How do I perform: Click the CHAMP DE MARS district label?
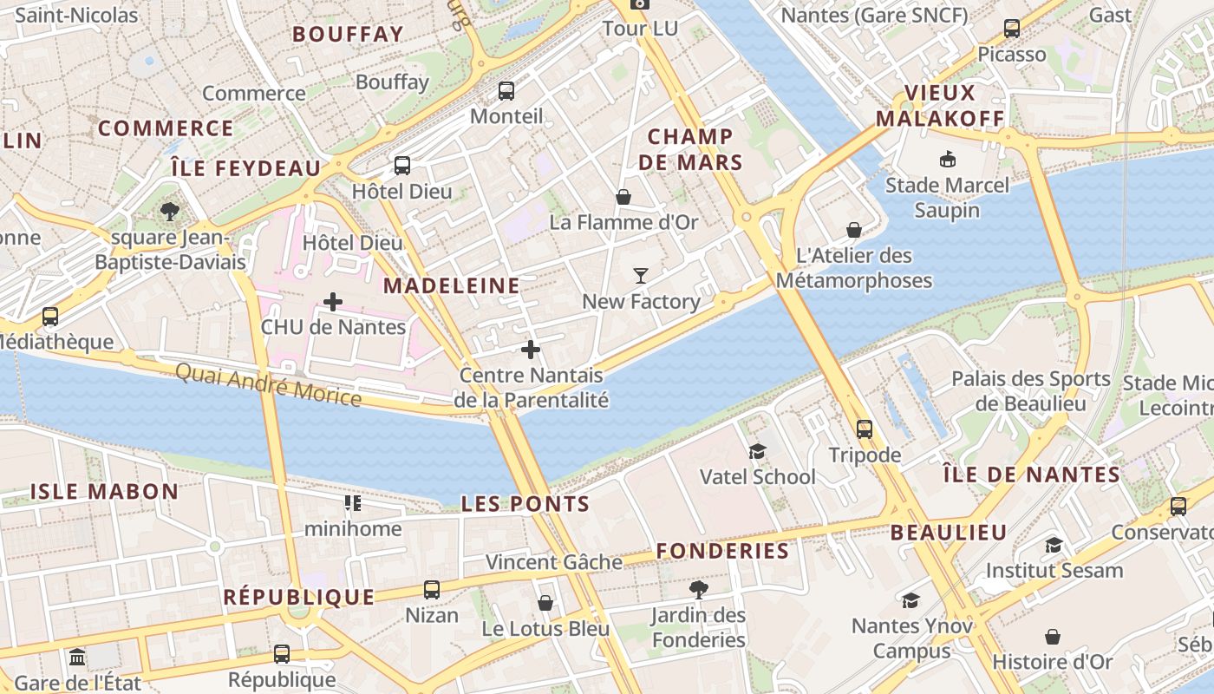point(691,149)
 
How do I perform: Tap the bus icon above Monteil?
point(506,90)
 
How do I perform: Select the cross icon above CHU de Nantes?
point(332,302)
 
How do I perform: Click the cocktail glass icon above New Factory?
point(641,276)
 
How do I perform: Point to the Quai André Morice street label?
point(268,384)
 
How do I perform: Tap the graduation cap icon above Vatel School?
point(757,451)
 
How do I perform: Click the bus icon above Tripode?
point(865,429)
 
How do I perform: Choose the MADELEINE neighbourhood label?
point(452,285)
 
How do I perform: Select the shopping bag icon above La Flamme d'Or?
point(623,197)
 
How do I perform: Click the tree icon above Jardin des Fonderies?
point(698,590)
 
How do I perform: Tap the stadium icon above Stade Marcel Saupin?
point(947,159)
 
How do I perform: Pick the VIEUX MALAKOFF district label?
point(940,106)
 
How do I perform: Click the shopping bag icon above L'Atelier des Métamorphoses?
point(854,230)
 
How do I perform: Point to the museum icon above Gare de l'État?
point(77,656)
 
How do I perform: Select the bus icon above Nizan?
point(432,590)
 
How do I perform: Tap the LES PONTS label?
point(525,504)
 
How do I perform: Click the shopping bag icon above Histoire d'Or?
point(1053,637)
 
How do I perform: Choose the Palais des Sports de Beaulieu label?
point(1031,391)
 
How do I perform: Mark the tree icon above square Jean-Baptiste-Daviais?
point(170,211)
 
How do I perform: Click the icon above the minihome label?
point(352,502)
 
